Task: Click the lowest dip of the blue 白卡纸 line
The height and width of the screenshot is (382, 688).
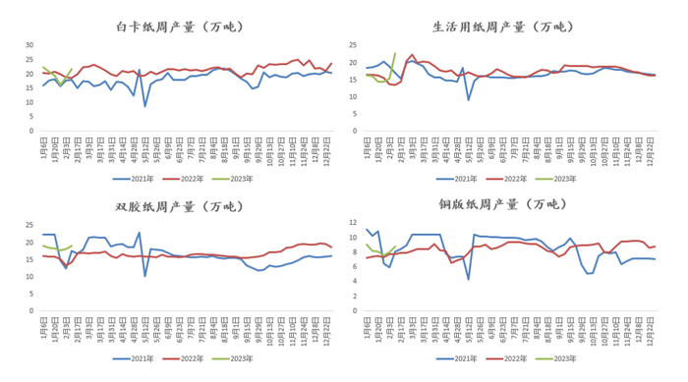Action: (145, 106)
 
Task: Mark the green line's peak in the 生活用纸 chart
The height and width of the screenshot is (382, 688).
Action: (395, 53)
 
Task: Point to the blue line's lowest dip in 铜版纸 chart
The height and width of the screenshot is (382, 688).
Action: (468, 280)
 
